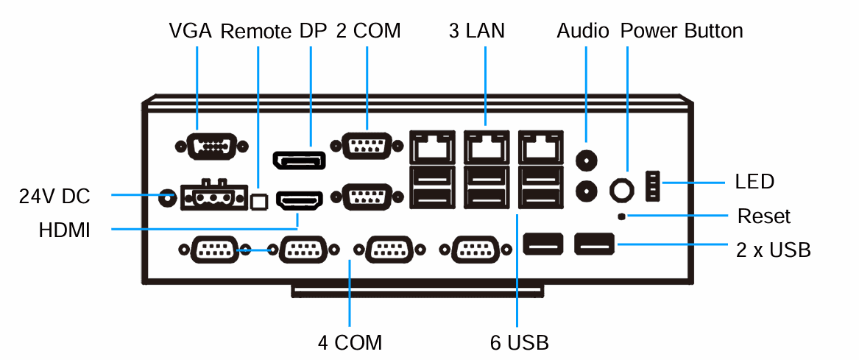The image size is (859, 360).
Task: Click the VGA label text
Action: point(190,31)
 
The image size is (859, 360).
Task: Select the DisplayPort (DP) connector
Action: point(299,160)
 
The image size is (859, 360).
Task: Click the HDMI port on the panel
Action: point(299,200)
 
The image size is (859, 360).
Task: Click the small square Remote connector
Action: point(258,201)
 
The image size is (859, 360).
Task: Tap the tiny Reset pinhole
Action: point(622,216)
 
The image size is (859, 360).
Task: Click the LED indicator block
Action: point(653,185)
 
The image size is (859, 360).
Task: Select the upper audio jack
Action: point(586,160)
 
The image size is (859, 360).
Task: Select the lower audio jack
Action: point(586,190)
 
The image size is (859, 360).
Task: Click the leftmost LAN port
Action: point(432,147)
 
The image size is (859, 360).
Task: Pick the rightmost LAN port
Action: point(541,147)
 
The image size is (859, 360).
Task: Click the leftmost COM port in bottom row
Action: point(213,250)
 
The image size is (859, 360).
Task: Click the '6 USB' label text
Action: point(519,342)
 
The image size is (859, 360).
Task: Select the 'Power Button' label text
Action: point(681,31)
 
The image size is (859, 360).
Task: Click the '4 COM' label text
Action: point(350,342)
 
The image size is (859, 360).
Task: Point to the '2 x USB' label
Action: point(774,250)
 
